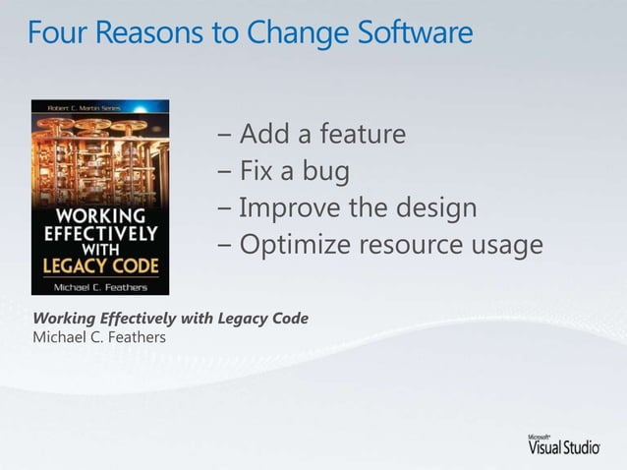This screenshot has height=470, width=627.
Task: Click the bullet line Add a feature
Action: [312, 134]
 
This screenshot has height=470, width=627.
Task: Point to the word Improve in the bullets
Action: [289, 208]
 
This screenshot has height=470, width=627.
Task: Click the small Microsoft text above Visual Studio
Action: [538, 434]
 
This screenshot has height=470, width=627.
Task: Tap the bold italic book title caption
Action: [171, 320]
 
